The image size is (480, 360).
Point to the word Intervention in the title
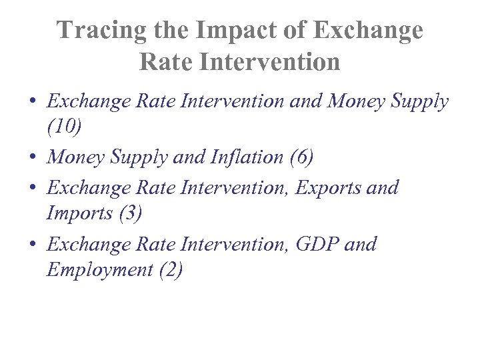[x=266, y=62]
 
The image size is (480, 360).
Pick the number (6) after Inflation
[x=301, y=157]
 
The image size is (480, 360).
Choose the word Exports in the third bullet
[x=328, y=187]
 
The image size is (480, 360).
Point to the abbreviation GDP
[x=317, y=244]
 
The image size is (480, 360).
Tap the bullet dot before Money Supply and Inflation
[x=33, y=158]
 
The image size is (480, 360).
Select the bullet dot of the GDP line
[x=33, y=245]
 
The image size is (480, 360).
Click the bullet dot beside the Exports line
[x=33, y=188]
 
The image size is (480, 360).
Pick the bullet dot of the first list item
[x=33, y=102]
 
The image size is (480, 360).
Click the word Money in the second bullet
[x=74, y=157]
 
